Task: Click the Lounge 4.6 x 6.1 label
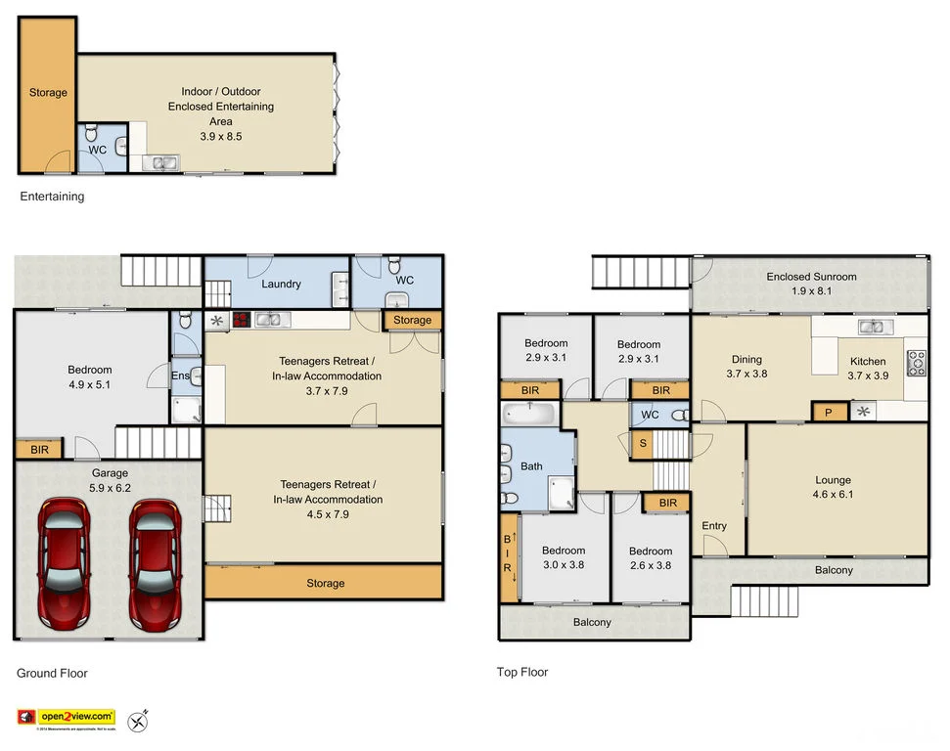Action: coord(833,487)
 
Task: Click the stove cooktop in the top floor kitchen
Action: coord(917,363)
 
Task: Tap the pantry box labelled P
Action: coord(829,413)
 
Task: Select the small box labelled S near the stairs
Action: coord(642,444)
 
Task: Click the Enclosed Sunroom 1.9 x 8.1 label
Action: coord(811,284)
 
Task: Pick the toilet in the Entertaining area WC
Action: coord(91,133)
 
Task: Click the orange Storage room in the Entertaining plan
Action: coord(47,93)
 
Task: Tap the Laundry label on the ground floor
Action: coord(281,284)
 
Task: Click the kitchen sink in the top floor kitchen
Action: coord(872,327)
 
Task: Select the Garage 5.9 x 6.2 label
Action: coord(110,479)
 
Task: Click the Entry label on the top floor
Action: coord(714,526)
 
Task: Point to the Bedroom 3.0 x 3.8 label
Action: coord(564,557)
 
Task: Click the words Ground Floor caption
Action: coord(52,673)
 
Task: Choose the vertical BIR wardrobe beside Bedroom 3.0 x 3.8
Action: coord(508,557)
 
